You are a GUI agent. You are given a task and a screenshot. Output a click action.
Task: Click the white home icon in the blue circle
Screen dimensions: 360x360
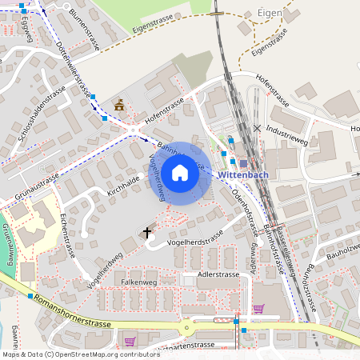(x=180, y=173)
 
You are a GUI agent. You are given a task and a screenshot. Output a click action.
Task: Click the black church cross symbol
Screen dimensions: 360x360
(x=146, y=232)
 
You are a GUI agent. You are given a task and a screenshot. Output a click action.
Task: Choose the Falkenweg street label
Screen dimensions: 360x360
(x=138, y=282)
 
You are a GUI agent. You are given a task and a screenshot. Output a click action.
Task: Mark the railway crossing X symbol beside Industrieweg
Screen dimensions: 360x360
(x=257, y=128)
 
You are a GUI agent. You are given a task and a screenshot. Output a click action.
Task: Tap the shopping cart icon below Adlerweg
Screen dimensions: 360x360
(x=258, y=308)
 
